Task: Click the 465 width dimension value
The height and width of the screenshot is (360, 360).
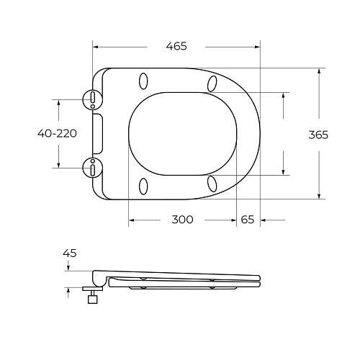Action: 176,46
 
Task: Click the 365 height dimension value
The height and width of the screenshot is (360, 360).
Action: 318,135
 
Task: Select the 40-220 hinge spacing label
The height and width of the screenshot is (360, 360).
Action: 58,133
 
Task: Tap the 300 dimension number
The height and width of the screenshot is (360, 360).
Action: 183,220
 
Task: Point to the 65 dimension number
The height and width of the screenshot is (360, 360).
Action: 248,220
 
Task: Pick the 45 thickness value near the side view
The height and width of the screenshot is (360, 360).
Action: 70,253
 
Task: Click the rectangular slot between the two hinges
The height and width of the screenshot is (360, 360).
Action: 99,133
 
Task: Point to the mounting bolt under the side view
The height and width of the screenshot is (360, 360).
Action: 93,297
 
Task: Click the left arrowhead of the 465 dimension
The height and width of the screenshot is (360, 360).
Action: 96,46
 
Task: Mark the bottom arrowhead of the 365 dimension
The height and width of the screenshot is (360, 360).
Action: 318,196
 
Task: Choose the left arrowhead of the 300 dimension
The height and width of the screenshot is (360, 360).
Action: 131,220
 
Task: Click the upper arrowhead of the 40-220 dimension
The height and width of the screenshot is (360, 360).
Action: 58,102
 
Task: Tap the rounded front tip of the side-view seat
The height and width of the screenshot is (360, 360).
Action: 259,280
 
